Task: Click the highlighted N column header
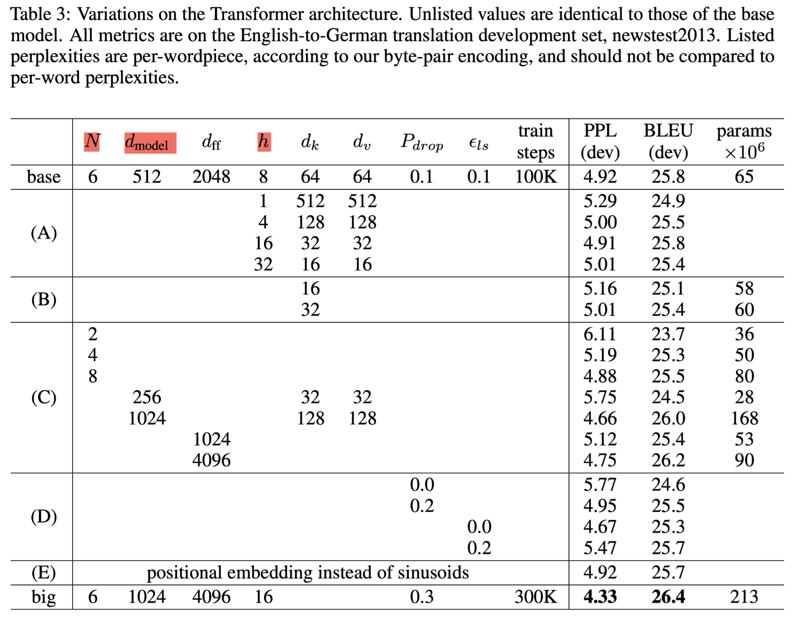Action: tap(92, 141)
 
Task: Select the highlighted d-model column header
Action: tap(150, 143)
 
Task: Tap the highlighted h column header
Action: tap(264, 141)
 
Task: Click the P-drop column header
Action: tap(422, 142)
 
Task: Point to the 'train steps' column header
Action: tap(535, 141)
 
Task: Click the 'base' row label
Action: tap(43, 177)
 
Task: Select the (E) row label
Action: tap(43, 573)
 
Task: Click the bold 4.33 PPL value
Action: tap(599, 597)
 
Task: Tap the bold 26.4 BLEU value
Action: tap(668, 597)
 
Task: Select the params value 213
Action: tap(744, 597)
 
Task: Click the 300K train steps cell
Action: tap(535, 597)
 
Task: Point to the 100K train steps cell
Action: tap(535, 177)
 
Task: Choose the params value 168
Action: tap(744, 418)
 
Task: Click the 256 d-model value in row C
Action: tap(147, 398)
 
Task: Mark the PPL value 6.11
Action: tap(599, 334)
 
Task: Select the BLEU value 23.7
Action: tap(668, 334)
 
